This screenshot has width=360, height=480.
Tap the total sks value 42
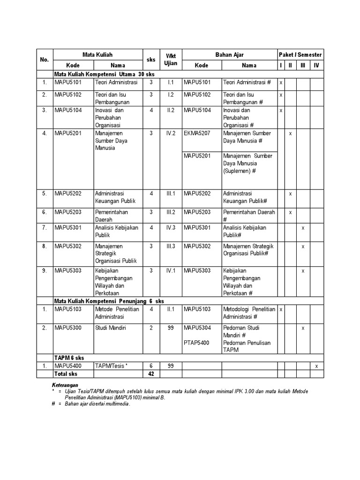(151, 374)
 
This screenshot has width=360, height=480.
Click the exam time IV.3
(171, 227)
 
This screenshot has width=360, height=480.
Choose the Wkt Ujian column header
(171, 59)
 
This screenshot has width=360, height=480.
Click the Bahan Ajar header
(229, 55)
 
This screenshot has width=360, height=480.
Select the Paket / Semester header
(300, 55)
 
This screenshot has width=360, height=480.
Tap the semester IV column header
(316, 65)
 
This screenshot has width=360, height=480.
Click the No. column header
(45, 60)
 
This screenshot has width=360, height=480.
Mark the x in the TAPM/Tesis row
(316, 366)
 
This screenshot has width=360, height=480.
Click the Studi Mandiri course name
(111, 328)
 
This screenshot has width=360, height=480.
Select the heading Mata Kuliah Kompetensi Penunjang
(109, 301)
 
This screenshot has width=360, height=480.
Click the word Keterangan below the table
(65, 384)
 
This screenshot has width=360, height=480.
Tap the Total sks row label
(66, 374)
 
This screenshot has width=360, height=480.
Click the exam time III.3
(171, 246)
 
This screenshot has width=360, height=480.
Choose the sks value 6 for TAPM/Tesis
(151, 366)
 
